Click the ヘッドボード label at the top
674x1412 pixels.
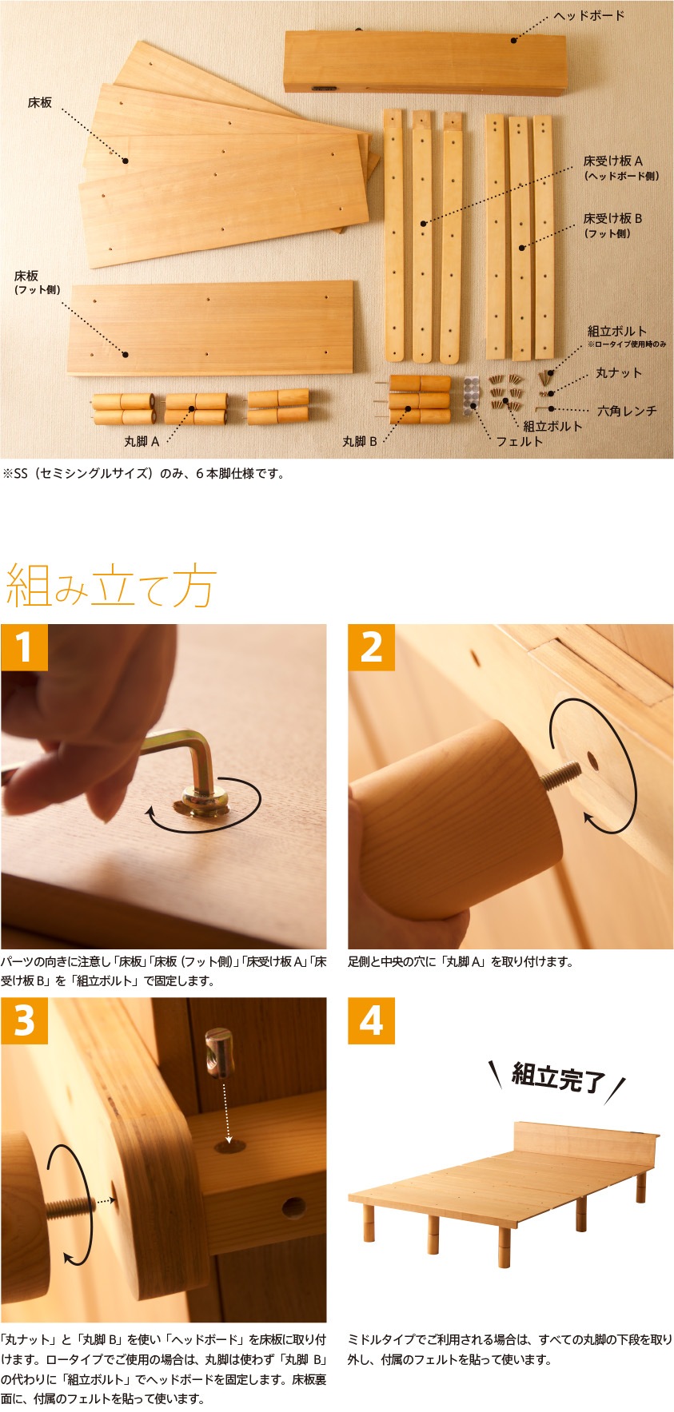point(589,16)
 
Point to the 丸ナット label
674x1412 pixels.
point(619,373)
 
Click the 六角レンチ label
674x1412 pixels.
point(627,411)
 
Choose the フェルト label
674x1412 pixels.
point(520,441)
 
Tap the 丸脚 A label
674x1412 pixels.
point(142,441)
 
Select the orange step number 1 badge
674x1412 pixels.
point(25,647)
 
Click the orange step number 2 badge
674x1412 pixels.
point(372,647)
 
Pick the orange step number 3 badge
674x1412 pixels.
point(25,1020)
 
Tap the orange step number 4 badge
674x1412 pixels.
point(372,1020)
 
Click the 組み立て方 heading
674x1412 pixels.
point(110,587)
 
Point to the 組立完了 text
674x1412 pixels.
point(557,1078)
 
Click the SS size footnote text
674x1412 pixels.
point(144,473)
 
